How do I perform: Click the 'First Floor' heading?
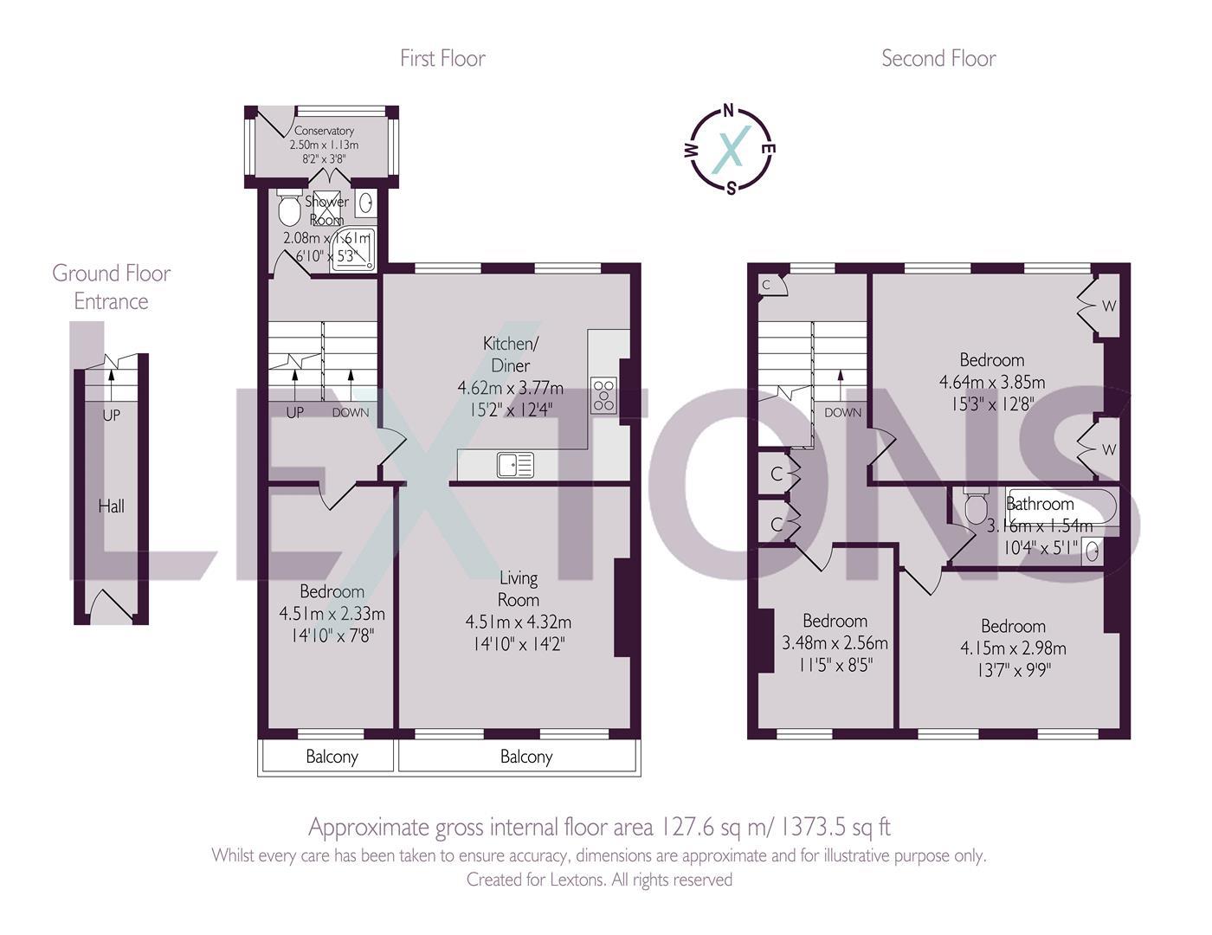pos(442,58)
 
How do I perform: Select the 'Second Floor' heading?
pos(938,58)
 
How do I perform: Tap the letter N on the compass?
pos(729,110)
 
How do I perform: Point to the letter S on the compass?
pos(732,189)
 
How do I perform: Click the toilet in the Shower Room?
pos(289,209)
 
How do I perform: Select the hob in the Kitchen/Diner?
pos(603,395)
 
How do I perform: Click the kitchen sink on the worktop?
pos(515,466)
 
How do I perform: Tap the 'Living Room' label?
pos(518,589)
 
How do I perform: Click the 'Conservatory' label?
pos(324,131)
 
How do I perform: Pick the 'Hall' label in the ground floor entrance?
pos(111,506)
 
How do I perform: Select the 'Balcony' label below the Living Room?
pos(525,757)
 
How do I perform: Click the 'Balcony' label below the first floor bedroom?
pos(332,757)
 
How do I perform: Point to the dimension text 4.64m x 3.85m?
pos(992,382)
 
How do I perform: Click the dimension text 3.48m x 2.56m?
pos(835,643)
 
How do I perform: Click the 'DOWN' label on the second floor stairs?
pos(842,412)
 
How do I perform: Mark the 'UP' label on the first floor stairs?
pos(294,412)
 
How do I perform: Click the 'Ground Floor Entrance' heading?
pos(111,287)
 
